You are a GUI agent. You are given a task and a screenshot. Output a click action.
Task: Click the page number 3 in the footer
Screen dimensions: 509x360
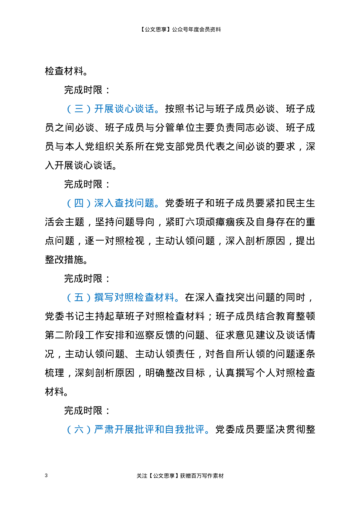46,475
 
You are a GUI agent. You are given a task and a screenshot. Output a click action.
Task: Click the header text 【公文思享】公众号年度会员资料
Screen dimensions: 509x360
180,29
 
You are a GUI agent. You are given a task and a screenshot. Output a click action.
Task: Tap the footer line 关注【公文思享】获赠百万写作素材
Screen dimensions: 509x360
180,476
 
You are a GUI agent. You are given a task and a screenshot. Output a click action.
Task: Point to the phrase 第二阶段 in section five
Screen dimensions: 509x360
65,335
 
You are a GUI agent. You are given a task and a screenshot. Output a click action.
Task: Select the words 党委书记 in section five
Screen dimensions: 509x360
65,316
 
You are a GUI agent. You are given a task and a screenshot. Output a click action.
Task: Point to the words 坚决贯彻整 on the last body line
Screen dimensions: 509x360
290,429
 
